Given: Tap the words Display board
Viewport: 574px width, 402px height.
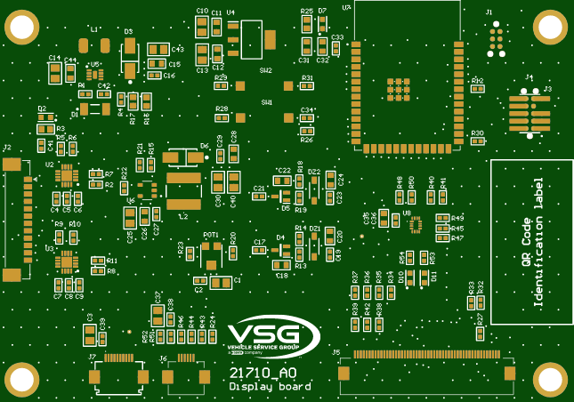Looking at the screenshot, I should click(x=270, y=387).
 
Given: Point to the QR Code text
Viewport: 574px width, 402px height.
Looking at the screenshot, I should click(x=526, y=243).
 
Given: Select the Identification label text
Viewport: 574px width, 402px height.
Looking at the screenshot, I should click(x=538, y=242).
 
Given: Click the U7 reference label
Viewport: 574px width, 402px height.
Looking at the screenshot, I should click(x=346, y=6).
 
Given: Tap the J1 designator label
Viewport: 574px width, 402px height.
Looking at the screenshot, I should click(x=489, y=12).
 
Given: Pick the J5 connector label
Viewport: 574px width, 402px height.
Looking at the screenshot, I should click(x=336, y=352).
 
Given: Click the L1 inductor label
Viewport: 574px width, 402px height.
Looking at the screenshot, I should click(x=94, y=28).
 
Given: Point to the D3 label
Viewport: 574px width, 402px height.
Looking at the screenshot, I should click(x=128, y=30).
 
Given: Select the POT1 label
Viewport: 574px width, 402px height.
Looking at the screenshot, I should click(x=211, y=235).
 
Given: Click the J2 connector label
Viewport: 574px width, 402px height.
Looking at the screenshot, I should click(x=7, y=147).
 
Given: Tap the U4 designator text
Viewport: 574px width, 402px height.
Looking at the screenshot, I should click(x=230, y=12).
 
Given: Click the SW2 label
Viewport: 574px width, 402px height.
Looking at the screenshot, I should click(x=265, y=69).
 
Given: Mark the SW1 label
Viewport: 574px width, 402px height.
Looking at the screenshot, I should click(x=266, y=102).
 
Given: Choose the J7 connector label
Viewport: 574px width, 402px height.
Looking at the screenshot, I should click(x=92, y=357).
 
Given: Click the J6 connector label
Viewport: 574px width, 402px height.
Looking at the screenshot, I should click(x=163, y=358).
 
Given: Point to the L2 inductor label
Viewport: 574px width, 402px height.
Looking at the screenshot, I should click(x=184, y=215).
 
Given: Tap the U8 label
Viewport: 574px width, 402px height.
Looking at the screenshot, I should click(x=406, y=213).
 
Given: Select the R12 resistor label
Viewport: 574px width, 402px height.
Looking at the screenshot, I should click(x=477, y=80).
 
